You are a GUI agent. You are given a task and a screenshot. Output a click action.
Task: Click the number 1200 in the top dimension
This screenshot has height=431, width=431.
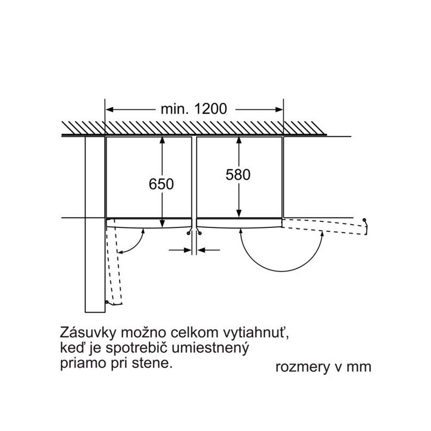(x=211, y=109)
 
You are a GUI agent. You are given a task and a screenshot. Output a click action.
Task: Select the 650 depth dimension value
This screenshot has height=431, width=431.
(x=161, y=184)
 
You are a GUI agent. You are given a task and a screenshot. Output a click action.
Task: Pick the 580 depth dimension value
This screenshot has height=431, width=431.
(x=238, y=175)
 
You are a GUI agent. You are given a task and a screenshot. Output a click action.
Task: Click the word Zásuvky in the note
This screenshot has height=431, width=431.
(x=87, y=333)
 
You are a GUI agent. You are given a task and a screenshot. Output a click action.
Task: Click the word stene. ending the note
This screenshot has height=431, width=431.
(x=152, y=363)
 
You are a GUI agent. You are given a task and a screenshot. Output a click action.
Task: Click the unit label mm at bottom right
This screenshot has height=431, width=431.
(x=359, y=367)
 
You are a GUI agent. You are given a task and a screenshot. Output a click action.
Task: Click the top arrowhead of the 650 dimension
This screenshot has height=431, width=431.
(x=162, y=140)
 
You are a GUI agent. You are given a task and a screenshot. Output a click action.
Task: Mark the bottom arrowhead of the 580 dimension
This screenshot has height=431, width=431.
(x=239, y=213)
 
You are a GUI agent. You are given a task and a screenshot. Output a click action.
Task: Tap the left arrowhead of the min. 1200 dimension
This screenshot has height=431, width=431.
(x=110, y=110)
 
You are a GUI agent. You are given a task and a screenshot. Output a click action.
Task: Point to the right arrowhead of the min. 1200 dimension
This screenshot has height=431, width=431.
(x=279, y=110)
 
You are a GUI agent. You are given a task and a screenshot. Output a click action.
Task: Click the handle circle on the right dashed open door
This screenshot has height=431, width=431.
(x=365, y=220)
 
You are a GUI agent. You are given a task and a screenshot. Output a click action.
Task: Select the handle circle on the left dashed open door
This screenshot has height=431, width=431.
(x=107, y=302)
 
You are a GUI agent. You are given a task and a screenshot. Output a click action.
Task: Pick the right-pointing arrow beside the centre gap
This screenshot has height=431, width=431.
(x=180, y=250)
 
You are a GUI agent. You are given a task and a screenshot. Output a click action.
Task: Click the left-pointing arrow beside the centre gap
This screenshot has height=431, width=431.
(x=208, y=250)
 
